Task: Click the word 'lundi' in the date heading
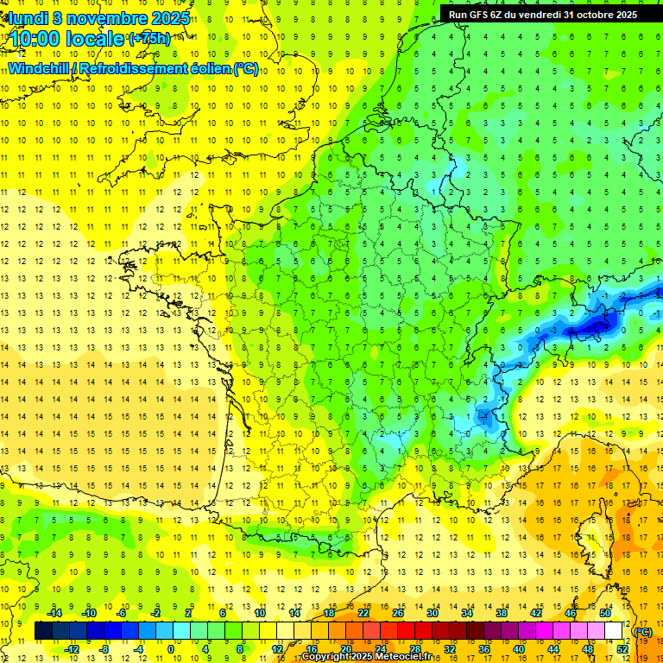point(28,18)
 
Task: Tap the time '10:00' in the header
point(40,39)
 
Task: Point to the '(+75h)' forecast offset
point(149,39)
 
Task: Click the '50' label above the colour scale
point(605,613)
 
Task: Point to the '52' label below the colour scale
point(622,649)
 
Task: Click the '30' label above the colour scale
point(433,613)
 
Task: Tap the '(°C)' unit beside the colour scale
point(643,632)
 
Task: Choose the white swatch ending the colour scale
point(614,631)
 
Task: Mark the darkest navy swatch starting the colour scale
point(43,631)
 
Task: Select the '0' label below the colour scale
point(172,649)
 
